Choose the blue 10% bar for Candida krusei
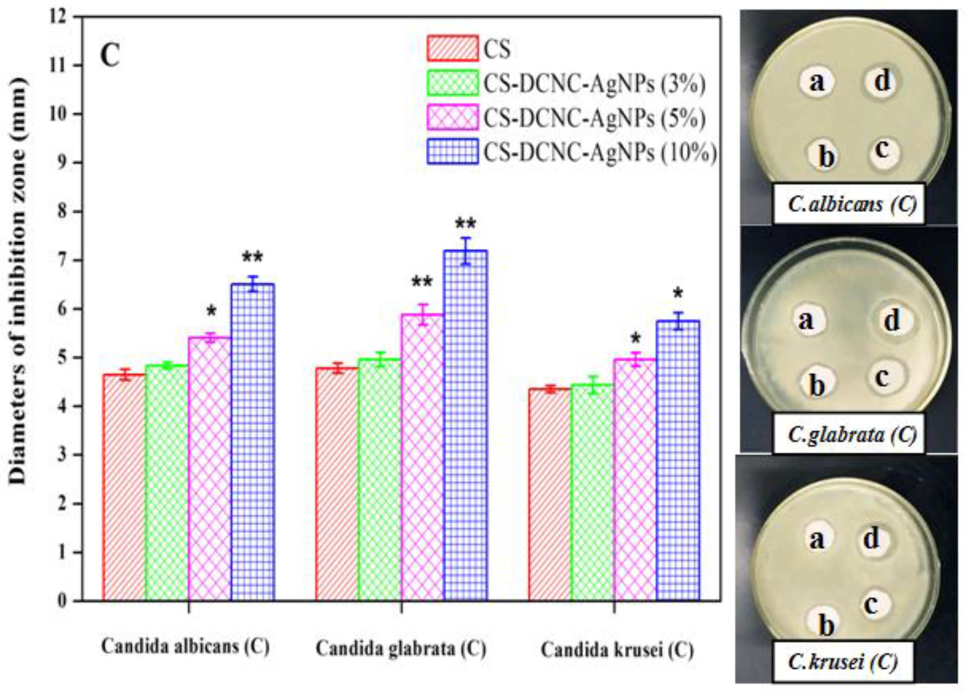click(678, 460)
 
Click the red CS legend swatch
click(452, 48)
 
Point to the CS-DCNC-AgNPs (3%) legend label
click(594, 84)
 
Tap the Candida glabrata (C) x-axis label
click(400, 649)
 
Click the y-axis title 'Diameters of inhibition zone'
click(18, 281)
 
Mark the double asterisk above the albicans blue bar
click(252, 257)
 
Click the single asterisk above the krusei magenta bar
click(636, 339)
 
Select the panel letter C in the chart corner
click(109, 56)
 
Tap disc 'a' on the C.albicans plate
click(816, 82)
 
